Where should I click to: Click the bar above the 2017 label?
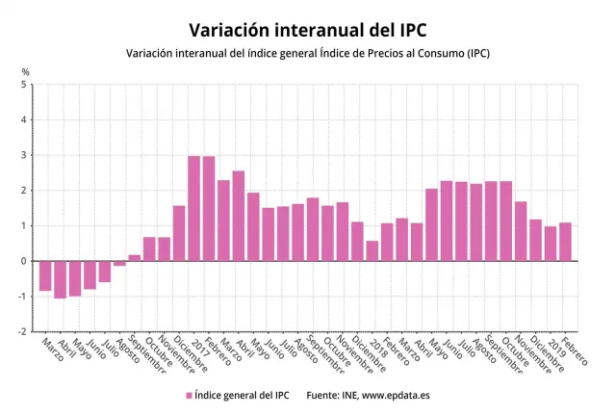click(x=193, y=208)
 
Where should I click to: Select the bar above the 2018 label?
click(x=372, y=250)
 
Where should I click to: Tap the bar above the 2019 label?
click(x=550, y=244)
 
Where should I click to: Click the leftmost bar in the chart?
click(x=45, y=275)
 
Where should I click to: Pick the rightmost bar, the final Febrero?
click(x=565, y=242)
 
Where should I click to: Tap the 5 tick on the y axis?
click(x=24, y=85)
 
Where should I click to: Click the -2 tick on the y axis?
click(x=22, y=331)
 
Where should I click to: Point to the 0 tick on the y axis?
click(x=24, y=261)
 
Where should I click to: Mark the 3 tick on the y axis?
click(x=24, y=155)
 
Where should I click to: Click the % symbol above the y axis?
click(x=25, y=71)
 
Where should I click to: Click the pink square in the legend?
click(x=189, y=395)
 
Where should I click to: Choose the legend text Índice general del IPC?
click(x=241, y=395)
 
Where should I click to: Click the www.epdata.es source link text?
click(x=397, y=395)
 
